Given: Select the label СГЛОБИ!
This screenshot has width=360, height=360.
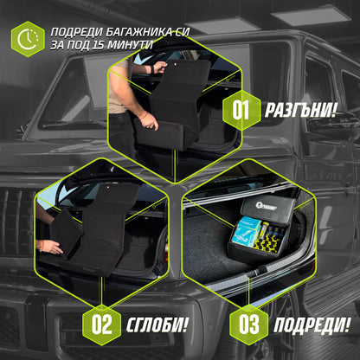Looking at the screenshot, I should [x=158, y=327].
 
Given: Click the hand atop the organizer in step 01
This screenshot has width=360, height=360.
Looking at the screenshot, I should [x=158, y=67].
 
